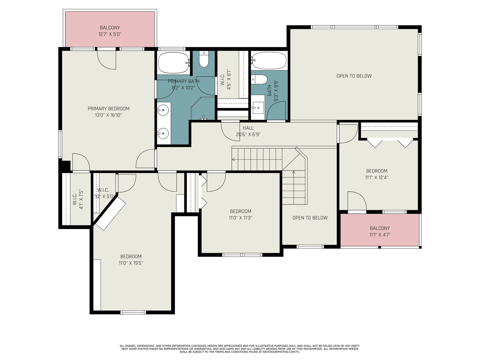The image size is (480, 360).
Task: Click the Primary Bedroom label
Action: pyautogui.click(x=109, y=109)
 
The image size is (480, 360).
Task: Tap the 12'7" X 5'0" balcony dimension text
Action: pyautogui.click(x=110, y=34)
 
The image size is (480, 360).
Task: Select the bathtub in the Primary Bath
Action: pyautogui.click(x=173, y=63)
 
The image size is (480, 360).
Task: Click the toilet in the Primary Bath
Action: pyautogui.click(x=204, y=59)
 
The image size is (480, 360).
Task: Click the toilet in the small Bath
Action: pyautogui.click(x=259, y=79)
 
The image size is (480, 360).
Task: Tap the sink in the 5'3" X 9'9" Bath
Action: pyautogui.click(x=258, y=108)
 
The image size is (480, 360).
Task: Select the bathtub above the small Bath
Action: pyautogui.click(x=269, y=61)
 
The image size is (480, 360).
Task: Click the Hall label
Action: pyautogui.click(x=248, y=128)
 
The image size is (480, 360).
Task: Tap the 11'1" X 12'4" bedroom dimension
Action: pyautogui.click(x=377, y=178)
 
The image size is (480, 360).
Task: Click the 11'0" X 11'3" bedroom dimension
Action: pyautogui.click(x=241, y=218)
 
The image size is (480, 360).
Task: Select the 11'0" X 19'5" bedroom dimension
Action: pyautogui.click(x=131, y=263)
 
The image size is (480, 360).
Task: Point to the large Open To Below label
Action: pyautogui.click(x=354, y=76)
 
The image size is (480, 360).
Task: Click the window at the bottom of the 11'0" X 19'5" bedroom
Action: pyautogui.click(x=133, y=313)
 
